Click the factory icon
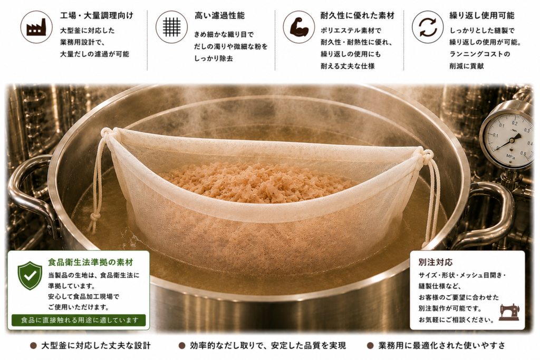36,27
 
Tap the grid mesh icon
171,27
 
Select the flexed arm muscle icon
298,27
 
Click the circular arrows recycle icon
428,27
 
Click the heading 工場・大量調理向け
97,15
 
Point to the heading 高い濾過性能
219,15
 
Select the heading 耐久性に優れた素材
358,15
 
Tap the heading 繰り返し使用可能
482,15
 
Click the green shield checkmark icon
30,275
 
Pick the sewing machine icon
509,312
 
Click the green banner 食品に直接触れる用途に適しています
79,320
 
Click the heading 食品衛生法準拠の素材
91,262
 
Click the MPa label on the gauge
510,157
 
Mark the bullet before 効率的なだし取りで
182,346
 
